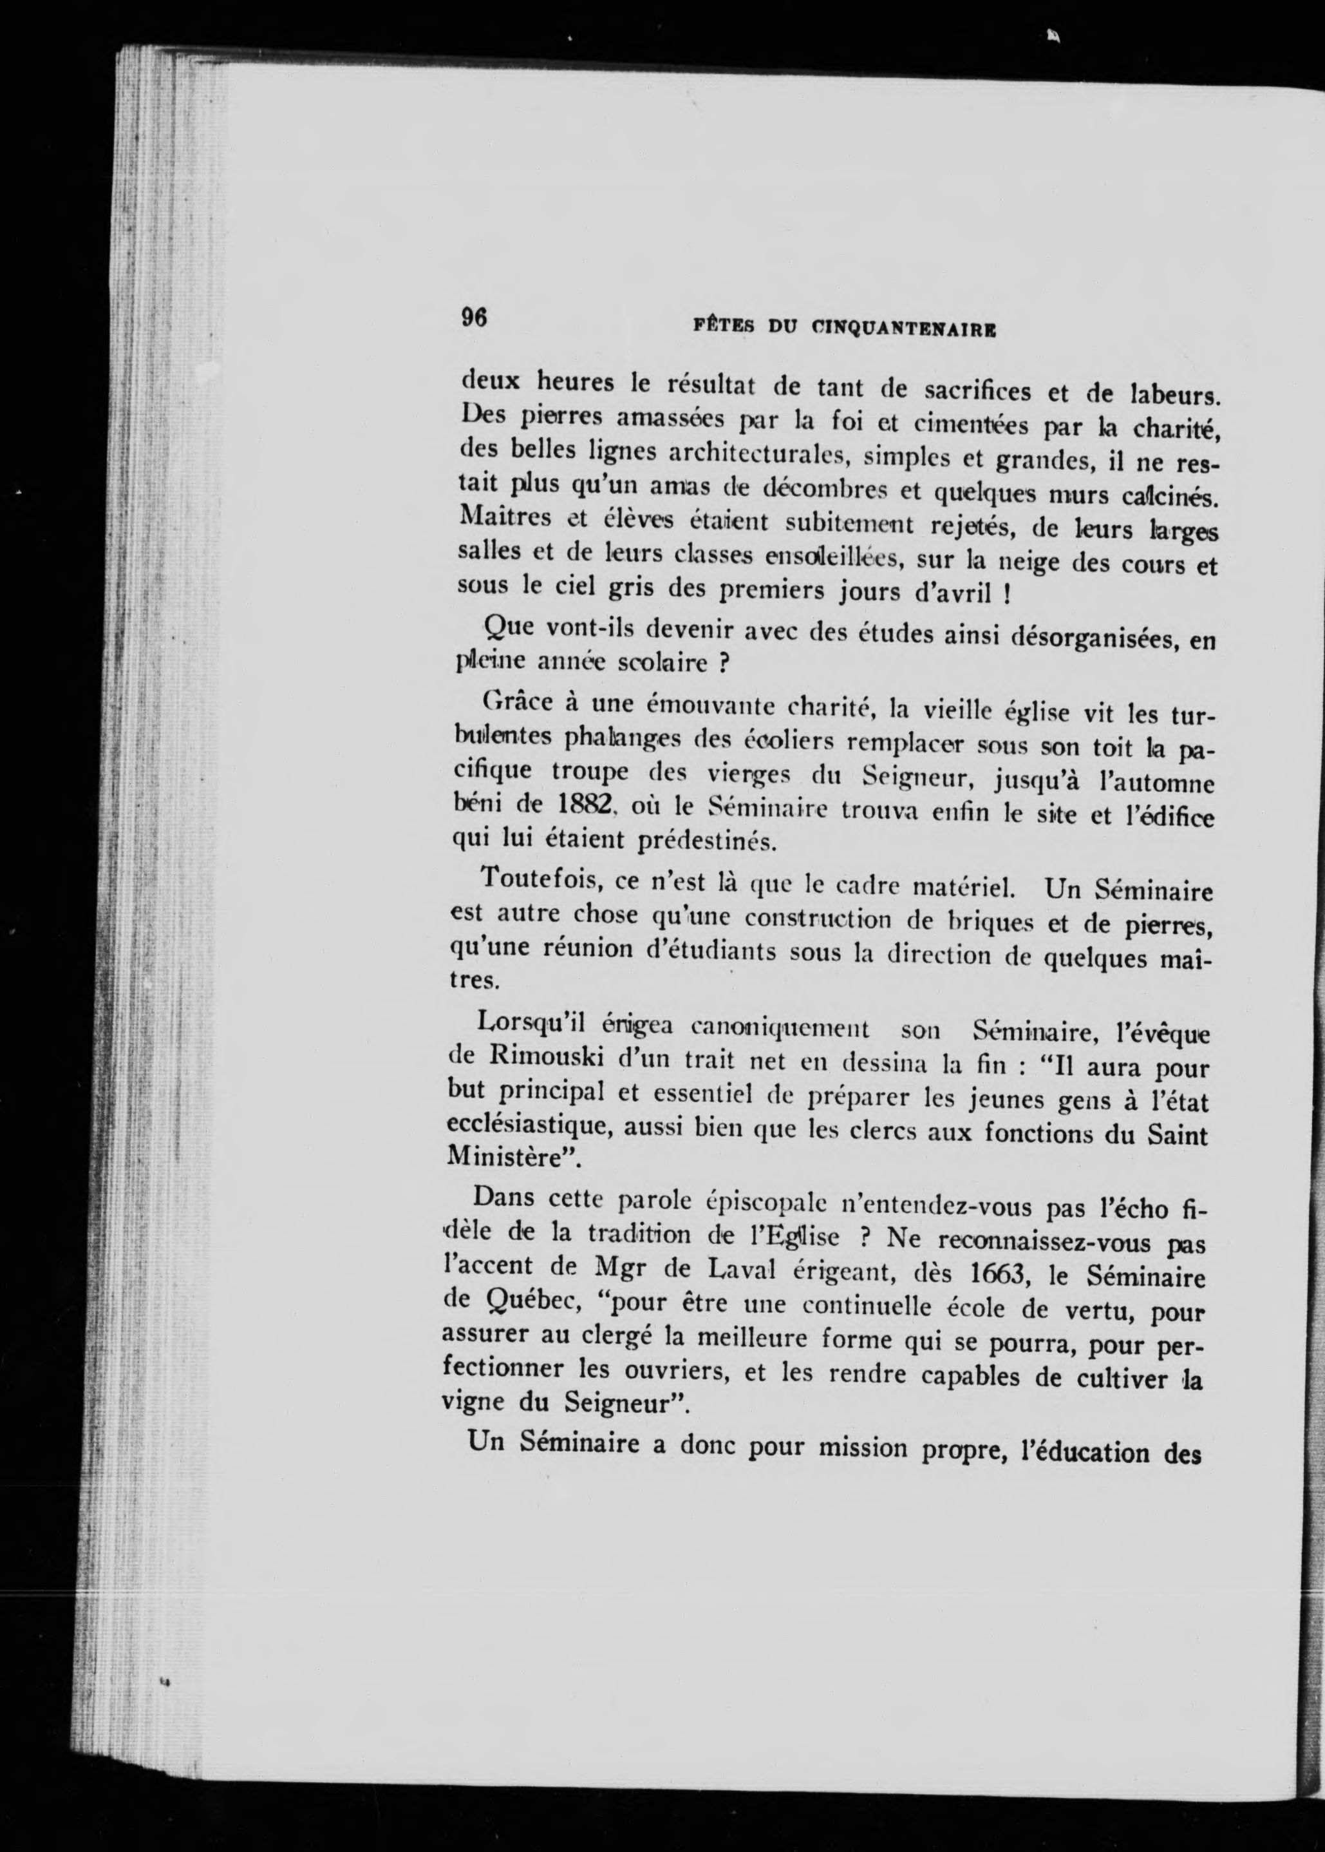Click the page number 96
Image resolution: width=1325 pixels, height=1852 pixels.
tap(474, 317)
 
